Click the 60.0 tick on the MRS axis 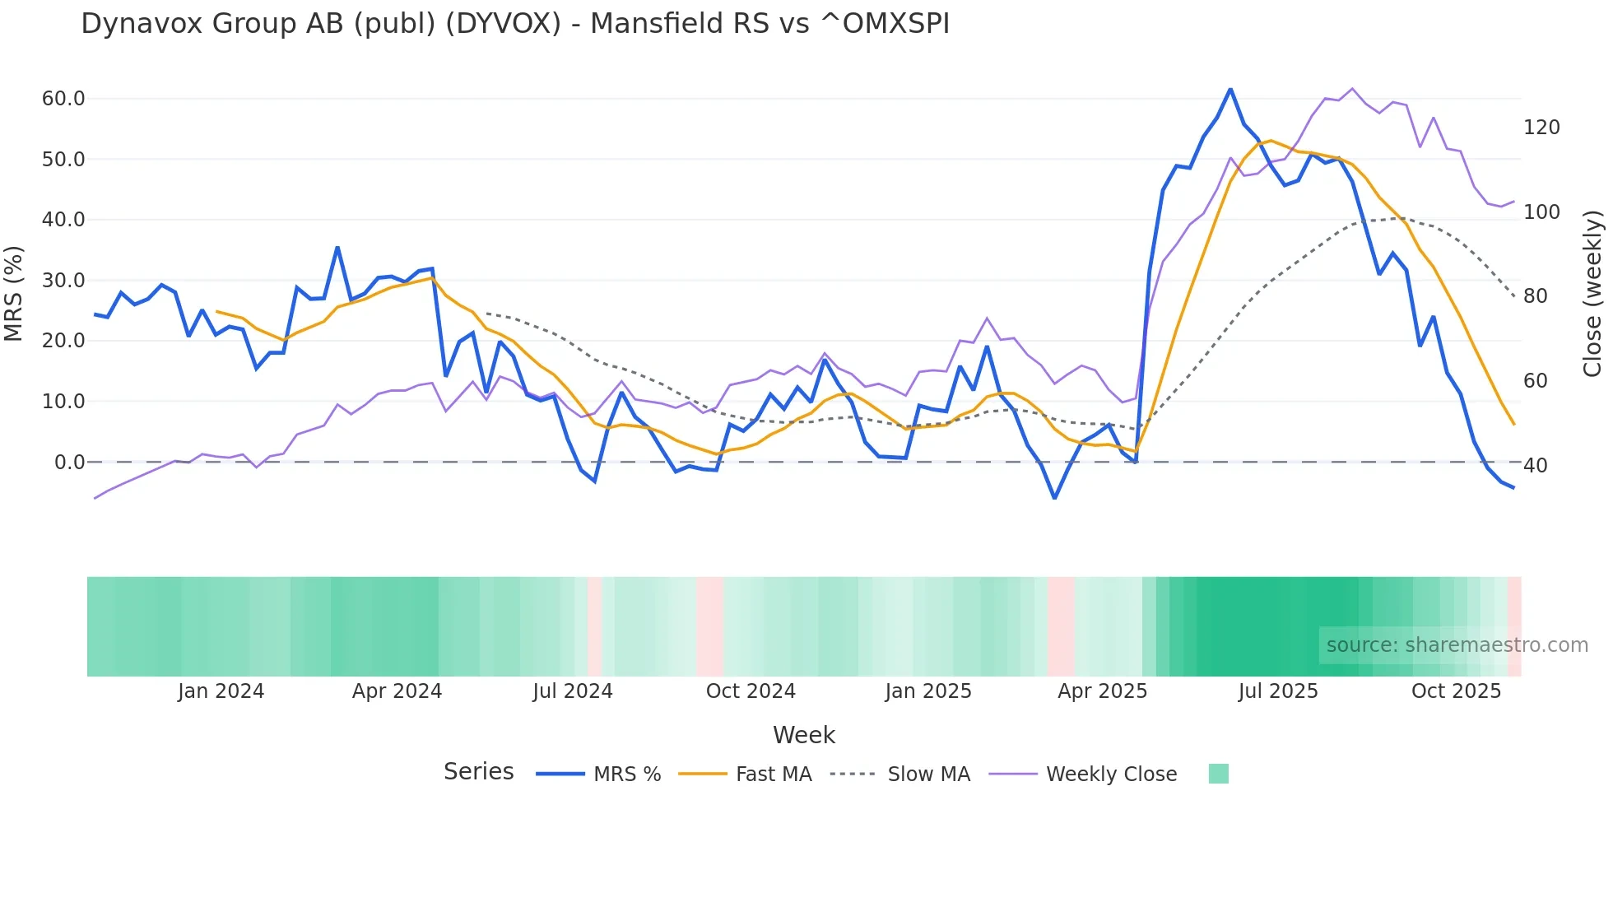(63, 99)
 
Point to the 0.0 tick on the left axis (69, 463)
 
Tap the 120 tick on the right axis (1541, 128)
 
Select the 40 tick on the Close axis (1536, 466)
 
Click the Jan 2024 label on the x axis (221, 691)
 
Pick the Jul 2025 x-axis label (1278, 691)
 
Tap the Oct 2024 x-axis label (751, 691)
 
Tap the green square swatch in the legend (1218, 774)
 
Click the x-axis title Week (804, 735)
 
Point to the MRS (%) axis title (14, 293)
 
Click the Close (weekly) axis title (1592, 294)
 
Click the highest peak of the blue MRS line (1230, 89)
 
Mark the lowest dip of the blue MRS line (1055, 498)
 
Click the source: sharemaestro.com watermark (1457, 645)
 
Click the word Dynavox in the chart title (142, 24)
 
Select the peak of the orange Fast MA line (1271, 141)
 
